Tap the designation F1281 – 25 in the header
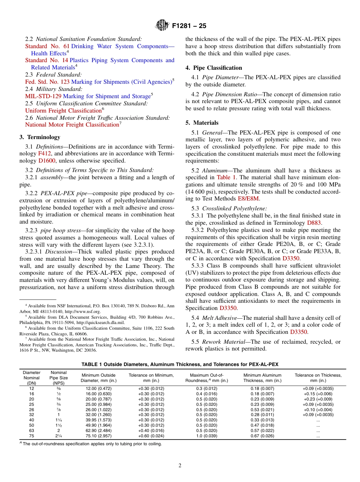click(x=189, y=26)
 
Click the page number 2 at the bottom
click(x=180, y=465)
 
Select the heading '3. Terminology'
click(x=40, y=137)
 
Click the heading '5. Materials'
click(x=202, y=123)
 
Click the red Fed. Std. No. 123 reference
click(x=47, y=82)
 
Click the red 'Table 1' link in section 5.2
click(x=226, y=177)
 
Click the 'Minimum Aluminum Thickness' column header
click(x=262, y=378)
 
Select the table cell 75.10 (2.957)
click(x=99, y=436)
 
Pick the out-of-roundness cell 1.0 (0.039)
click(x=207, y=436)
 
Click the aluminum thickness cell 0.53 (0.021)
click(x=262, y=410)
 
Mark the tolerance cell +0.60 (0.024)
click(x=151, y=436)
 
